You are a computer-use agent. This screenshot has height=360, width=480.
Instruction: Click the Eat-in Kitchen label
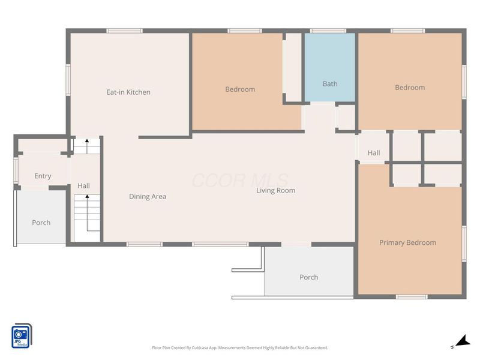click(x=128, y=92)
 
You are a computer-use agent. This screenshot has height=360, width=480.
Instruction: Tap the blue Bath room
click(x=329, y=67)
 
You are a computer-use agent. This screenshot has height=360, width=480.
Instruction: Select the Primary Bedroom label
click(x=407, y=242)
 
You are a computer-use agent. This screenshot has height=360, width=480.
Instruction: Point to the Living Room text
click(x=275, y=190)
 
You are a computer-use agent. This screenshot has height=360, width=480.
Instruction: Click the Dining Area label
click(x=148, y=197)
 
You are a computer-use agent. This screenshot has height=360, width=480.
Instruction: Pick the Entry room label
click(x=43, y=176)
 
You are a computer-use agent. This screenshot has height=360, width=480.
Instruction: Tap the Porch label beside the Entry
click(x=41, y=223)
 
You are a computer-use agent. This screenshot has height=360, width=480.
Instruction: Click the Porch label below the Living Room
click(x=308, y=277)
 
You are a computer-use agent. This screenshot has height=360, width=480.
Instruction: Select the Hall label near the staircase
click(x=83, y=185)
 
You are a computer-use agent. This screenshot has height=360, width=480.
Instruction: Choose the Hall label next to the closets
click(x=373, y=153)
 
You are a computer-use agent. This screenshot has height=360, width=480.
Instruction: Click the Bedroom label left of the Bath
click(x=240, y=89)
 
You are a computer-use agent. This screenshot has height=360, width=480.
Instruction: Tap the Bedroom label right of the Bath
click(x=410, y=88)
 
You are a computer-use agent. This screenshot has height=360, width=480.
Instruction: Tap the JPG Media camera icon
click(x=22, y=336)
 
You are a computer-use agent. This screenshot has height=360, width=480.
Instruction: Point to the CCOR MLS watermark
click(x=240, y=181)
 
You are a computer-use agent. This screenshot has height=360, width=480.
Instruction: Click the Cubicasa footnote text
click(x=239, y=348)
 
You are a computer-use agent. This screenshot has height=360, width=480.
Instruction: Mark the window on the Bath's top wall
click(x=328, y=31)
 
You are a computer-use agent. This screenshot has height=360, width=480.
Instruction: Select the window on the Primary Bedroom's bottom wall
click(x=412, y=296)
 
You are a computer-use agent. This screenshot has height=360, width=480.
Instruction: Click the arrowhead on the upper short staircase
click(x=87, y=141)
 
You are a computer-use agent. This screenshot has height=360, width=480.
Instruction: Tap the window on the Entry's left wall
click(x=16, y=170)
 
